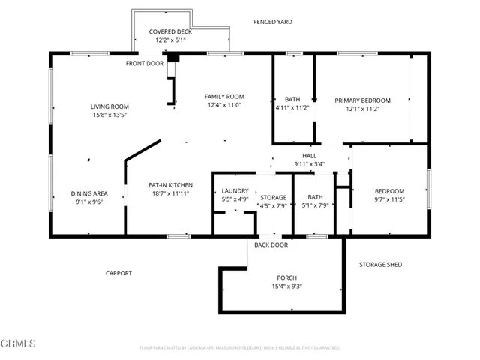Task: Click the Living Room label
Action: coord(110,106)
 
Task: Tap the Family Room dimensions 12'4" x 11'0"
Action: coord(225,105)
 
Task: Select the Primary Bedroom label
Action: coord(362,100)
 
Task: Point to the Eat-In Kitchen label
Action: coord(160,184)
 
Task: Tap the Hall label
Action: coord(309,155)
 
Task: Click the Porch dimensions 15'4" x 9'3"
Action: coord(287,286)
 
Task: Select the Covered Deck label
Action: coord(170,31)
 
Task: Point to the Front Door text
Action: coord(144,63)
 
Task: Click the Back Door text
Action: coord(271,245)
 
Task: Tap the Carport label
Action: coord(118,273)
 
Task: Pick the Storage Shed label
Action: coord(382,265)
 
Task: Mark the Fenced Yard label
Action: coord(273,22)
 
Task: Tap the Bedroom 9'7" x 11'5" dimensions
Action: coord(389,199)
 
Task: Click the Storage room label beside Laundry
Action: coord(273,197)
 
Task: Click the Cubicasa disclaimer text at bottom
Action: coord(240,348)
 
